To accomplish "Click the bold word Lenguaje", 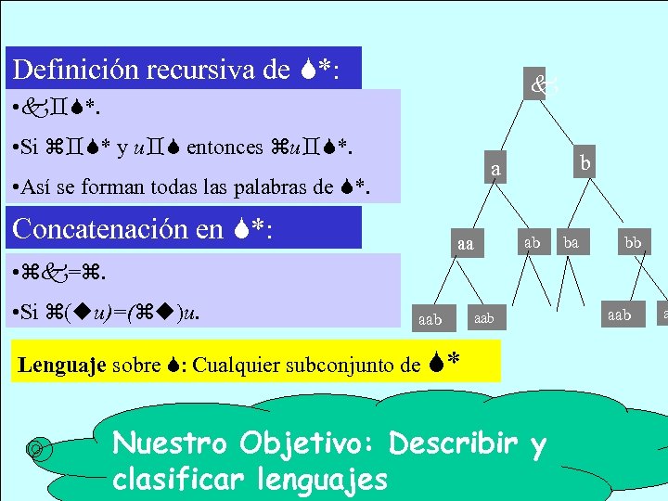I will (x=62, y=364).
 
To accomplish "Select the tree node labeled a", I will (x=496, y=170).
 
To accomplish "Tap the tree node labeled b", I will (x=584, y=162).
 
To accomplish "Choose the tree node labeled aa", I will (x=466, y=244).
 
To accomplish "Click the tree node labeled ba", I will (x=572, y=242).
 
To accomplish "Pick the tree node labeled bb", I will (x=633, y=242).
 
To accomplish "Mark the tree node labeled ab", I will (x=532, y=242).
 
